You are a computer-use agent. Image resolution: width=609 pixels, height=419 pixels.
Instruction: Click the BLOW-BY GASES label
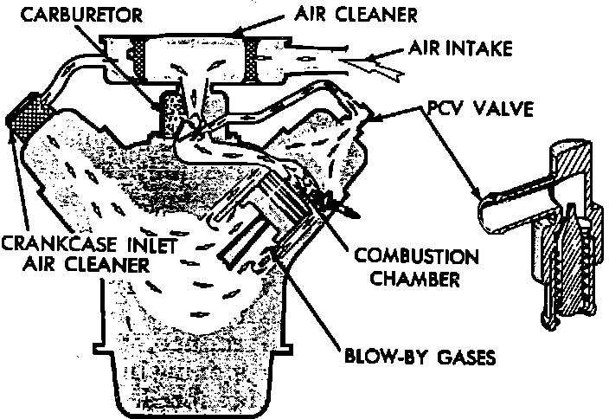pos(421,356)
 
